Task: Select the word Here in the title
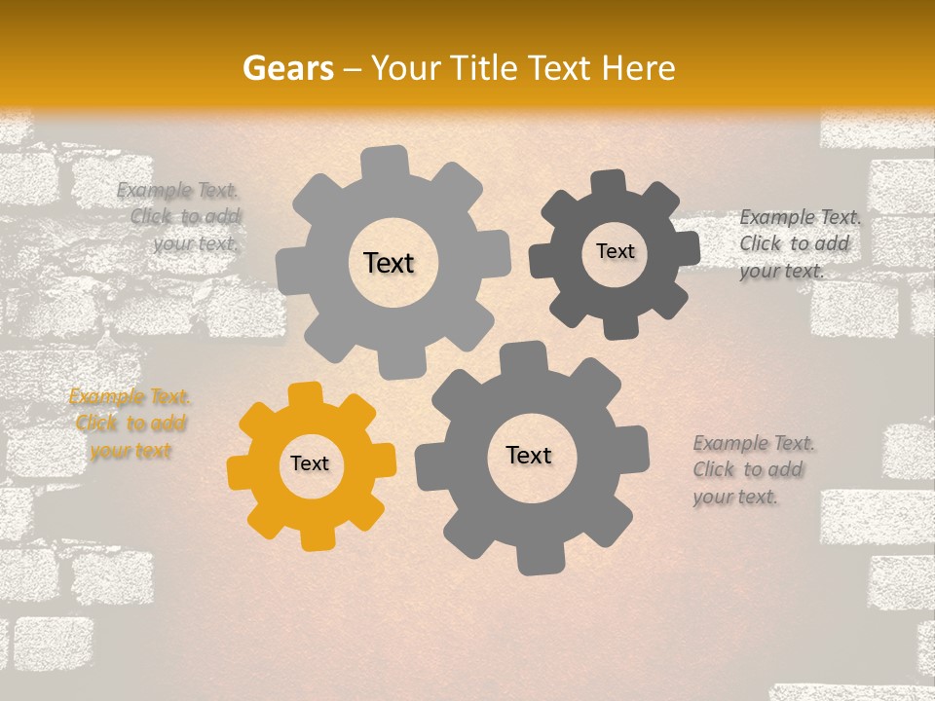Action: click(x=639, y=68)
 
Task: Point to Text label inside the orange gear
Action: click(x=310, y=464)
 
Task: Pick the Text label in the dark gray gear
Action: click(x=615, y=251)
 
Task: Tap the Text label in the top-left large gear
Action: click(x=389, y=263)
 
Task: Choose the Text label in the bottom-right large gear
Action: click(x=529, y=455)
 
